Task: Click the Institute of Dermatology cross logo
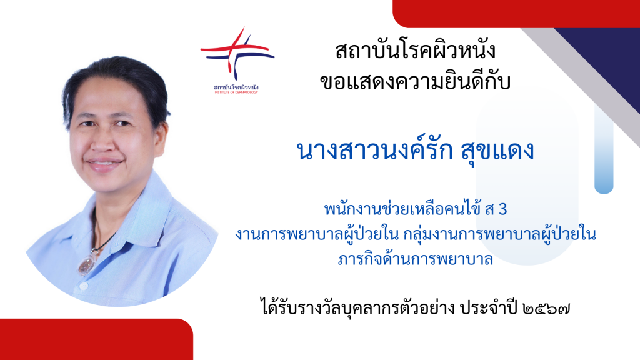click(237, 54)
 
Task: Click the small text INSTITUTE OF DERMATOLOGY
click(236, 92)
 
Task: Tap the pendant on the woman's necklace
click(87, 264)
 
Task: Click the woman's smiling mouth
click(104, 163)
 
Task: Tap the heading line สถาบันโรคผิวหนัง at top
click(415, 51)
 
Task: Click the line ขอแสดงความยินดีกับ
click(415, 82)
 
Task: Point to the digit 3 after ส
click(503, 209)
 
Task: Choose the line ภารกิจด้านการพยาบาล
click(416, 259)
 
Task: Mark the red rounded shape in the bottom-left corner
click(96, 339)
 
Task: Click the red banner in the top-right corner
click(516, 14)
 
